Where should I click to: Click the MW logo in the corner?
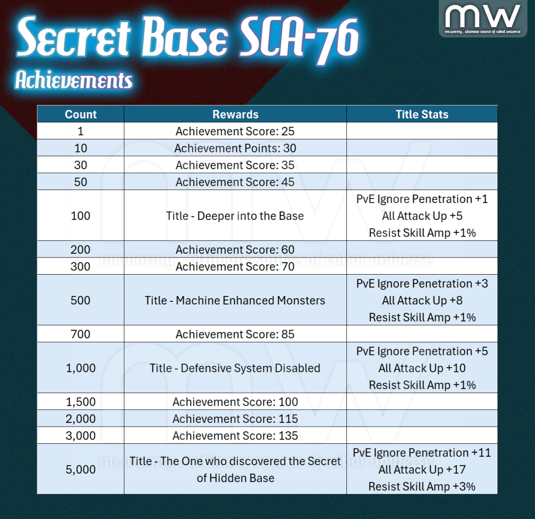tap(483, 18)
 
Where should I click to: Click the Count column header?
tap(81, 114)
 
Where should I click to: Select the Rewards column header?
tap(236, 114)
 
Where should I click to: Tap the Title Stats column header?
tap(422, 114)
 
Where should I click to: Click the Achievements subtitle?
tap(74, 80)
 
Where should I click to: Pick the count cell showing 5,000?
tap(80, 469)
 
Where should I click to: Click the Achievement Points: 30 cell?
tap(236, 148)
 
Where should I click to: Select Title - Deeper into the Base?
tap(235, 216)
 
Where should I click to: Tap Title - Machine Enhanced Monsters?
tap(235, 300)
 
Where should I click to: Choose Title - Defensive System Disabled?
tap(235, 368)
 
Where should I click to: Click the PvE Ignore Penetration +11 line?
tap(422, 453)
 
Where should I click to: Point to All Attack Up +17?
tap(422, 469)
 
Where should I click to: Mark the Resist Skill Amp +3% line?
tap(422, 486)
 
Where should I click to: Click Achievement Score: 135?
tap(236, 435)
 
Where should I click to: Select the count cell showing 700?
tap(80, 334)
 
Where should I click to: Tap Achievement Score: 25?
tap(235, 131)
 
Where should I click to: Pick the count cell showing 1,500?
tap(80, 402)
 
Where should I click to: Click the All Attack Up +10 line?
tap(422, 368)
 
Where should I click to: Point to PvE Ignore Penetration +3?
tap(422, 284)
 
